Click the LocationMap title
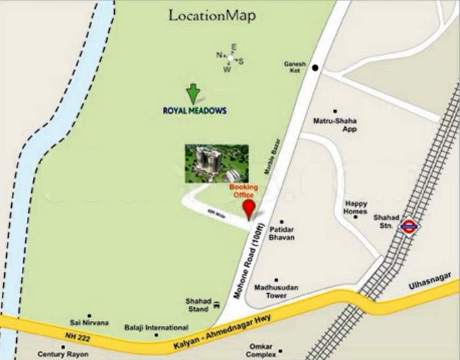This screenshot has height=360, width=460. point(212,15)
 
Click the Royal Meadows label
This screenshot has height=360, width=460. point(194,111)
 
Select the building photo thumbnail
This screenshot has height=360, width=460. point(216,163)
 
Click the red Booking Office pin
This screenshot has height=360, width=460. point(249,209)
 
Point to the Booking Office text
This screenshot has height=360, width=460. point(243,191)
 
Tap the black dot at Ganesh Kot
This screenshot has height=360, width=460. point(315,68)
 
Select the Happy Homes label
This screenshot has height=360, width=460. point(356,207)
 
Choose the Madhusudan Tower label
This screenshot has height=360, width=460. point(276,291)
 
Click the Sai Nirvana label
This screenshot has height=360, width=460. point(89,322)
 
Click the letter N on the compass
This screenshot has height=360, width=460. point(219,55)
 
